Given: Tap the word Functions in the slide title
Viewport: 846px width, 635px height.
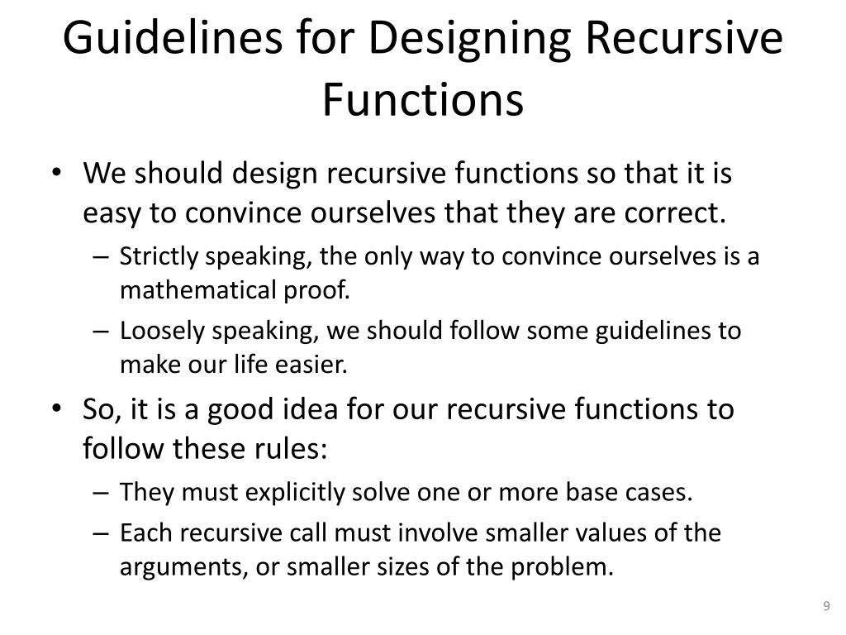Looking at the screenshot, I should pyautogui.click(x=422, y=100).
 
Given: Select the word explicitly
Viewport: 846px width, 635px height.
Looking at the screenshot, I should pyautogui.click(x=297, y=493).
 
